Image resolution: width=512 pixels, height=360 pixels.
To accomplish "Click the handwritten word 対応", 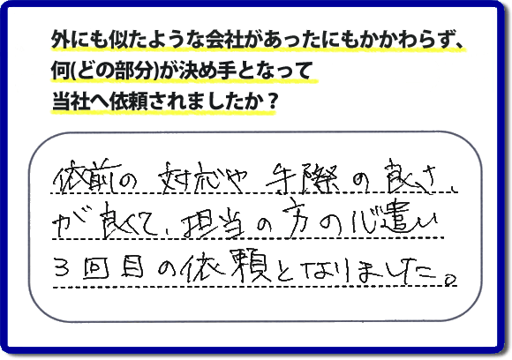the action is [x=190, y=179].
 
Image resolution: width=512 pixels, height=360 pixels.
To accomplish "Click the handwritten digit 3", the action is [x=63, y=266].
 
